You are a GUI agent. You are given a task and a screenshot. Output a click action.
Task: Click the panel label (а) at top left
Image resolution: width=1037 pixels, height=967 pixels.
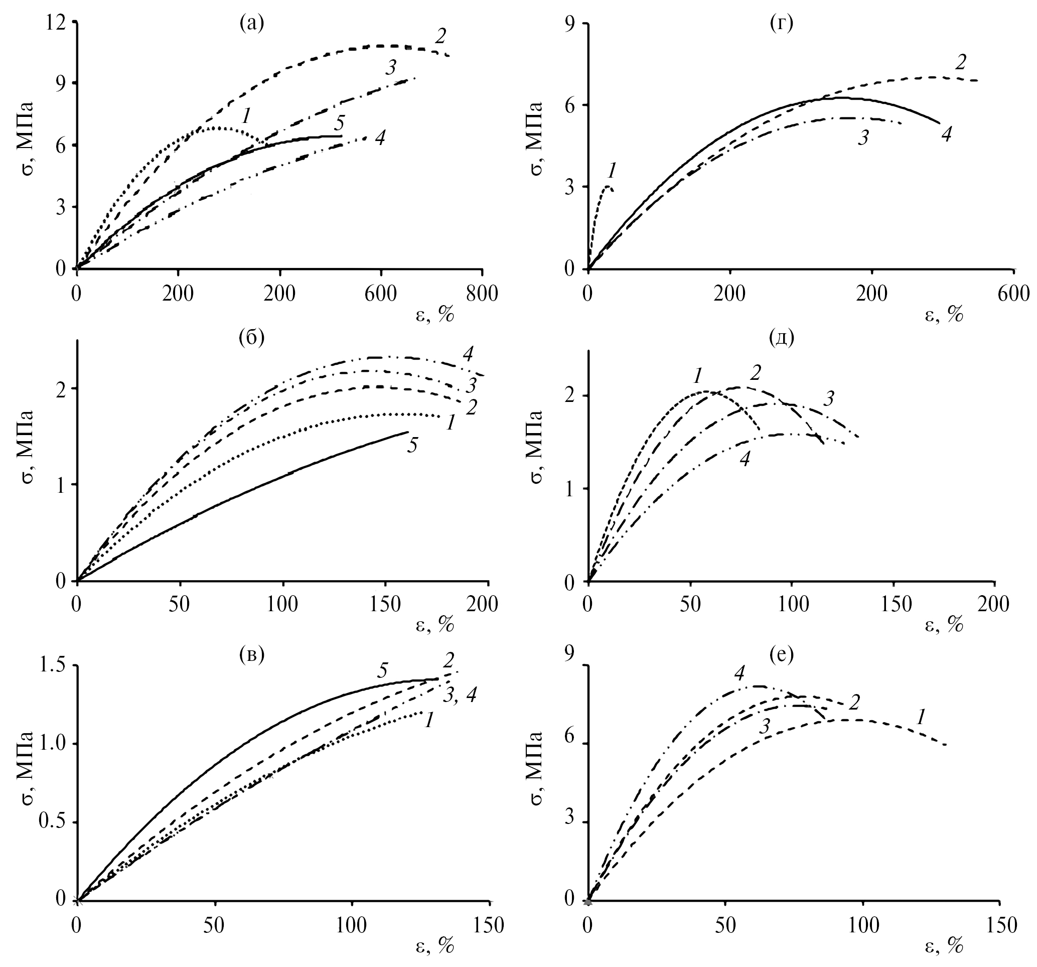pos(251,24)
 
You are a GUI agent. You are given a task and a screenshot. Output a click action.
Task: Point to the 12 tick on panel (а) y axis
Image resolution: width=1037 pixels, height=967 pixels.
pos(57,22)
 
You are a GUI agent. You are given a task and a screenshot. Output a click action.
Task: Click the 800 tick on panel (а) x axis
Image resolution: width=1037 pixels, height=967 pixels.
pos(482,294)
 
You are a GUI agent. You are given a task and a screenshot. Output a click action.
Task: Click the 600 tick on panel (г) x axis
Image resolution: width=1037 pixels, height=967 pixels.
pos(1013,294)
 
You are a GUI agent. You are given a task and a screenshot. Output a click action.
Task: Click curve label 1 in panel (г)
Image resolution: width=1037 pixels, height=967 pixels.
pos(612,170)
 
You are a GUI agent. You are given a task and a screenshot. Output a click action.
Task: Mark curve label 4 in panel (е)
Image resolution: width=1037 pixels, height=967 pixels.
pos(738,674)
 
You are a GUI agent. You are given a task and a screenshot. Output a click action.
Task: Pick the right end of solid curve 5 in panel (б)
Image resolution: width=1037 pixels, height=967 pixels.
pos(408,432)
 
